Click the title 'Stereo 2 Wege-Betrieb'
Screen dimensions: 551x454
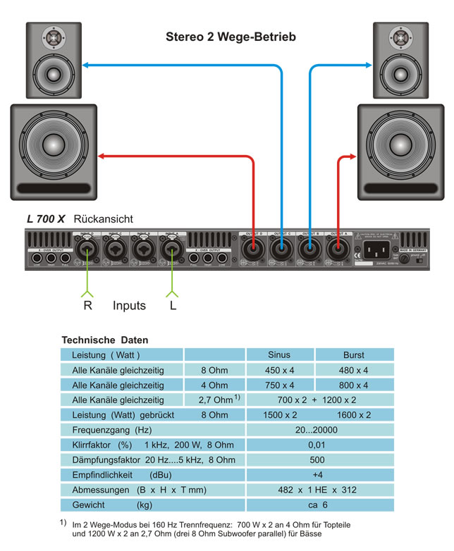click(x=230, y=35)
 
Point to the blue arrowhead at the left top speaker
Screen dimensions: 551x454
click(x=85, y=66)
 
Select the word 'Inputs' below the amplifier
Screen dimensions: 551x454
click(x=129, y=306)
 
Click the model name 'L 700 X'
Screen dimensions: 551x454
click(x=46, y=219)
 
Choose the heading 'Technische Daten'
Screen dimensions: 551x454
click(x=105, y=340)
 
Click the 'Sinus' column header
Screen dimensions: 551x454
click(x=280, y=354)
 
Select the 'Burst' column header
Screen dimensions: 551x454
click(x=354, y=354)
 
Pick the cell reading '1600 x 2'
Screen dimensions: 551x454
click(x=354, y=415)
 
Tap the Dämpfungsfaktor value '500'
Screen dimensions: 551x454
click(x=317, y=459)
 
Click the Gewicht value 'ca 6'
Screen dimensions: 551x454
click(x=317, y=504)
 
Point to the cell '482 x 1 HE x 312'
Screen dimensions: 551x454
click(x=317, y=490)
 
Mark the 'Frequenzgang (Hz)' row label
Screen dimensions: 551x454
click(x=112, y=430)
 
